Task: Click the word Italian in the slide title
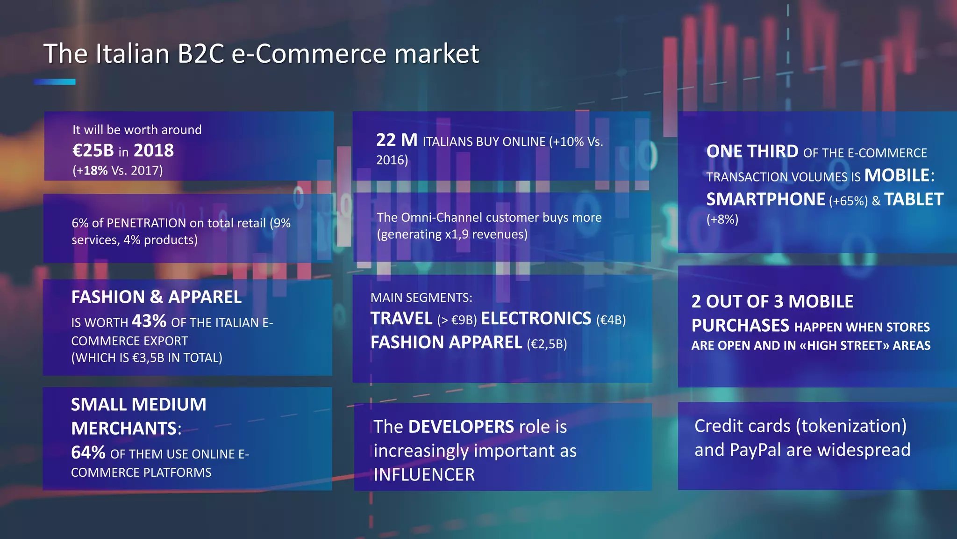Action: pyautogui.click(x=132, y=54)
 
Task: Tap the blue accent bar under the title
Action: pyautogui.click(x=54, y=82)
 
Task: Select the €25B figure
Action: pyautogui.click(x=93, y=151)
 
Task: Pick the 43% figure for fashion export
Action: pyautogui.click(x=149, y=321)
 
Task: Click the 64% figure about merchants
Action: pyautogui.click(x=88, y=453)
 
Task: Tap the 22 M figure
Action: pyautogui.click(x=397, y=140)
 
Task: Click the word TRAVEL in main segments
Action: pyautogui.click(x=401, y=319)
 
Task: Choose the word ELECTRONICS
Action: pyautogui.click(x=536, y=319)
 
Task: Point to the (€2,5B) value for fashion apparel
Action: pyautogui.click(x=547, y=344)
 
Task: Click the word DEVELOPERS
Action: pyautogui.click(x=461, y=427)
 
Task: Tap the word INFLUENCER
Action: pyautogui.click(x=424, y=475)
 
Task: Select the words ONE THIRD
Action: pyautogui.click(x=752, y=152)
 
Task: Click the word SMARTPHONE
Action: pyautogui.click(x=765, y=200)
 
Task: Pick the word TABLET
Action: pyautogui.click(x=914, y=200)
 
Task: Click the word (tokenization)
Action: pyautogui.click(x=851, y=426)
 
